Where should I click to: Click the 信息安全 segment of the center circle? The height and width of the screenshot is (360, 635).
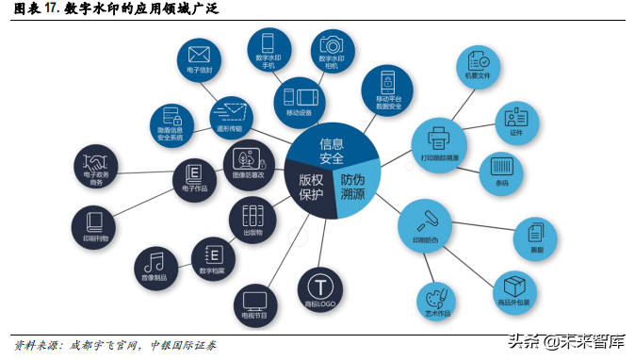click(332, 148)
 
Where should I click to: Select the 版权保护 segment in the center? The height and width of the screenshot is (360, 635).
click(310, 187)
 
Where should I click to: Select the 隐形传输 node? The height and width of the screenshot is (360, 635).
click(229, 116)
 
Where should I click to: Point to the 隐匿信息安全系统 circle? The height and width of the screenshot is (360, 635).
click(172, 124)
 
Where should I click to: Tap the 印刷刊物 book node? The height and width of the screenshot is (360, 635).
click(95, 224)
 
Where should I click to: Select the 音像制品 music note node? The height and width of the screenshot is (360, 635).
click(156, 266)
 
